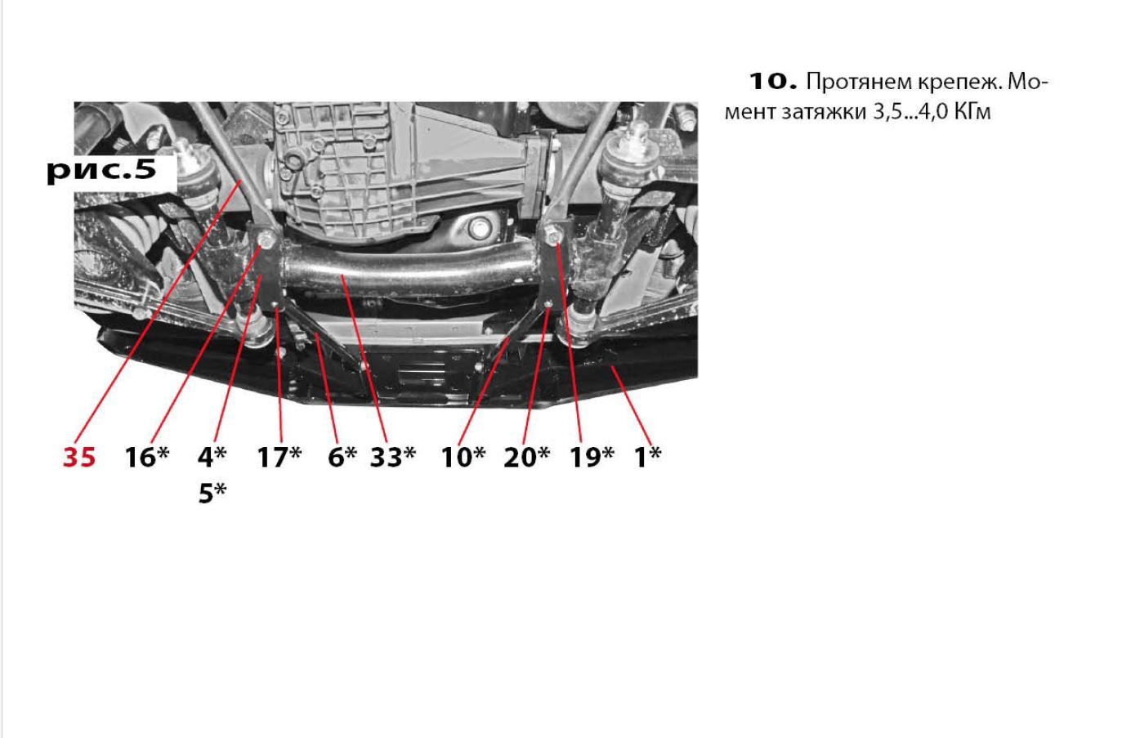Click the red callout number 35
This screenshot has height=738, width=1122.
click(79, 457)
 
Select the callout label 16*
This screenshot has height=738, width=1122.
click(147, 456)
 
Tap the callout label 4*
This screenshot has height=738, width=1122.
click(212, 456)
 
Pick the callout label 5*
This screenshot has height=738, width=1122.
click(212, 493)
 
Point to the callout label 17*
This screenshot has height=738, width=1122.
click(279, 456)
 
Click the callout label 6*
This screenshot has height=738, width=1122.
click(342, 456)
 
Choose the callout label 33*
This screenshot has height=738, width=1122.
click(393, 456)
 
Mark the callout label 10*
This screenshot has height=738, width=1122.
click(463, 456)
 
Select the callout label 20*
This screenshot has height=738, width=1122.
click(526, 456)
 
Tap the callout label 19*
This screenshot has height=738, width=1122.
click(592, 456)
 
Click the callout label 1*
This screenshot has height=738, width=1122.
click(648, 456)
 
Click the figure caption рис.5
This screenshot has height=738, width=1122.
click(101, 171)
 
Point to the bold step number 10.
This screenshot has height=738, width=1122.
click(773, 82)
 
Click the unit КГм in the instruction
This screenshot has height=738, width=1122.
click(972, 112)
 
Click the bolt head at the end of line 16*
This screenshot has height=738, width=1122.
click(265, 240)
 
